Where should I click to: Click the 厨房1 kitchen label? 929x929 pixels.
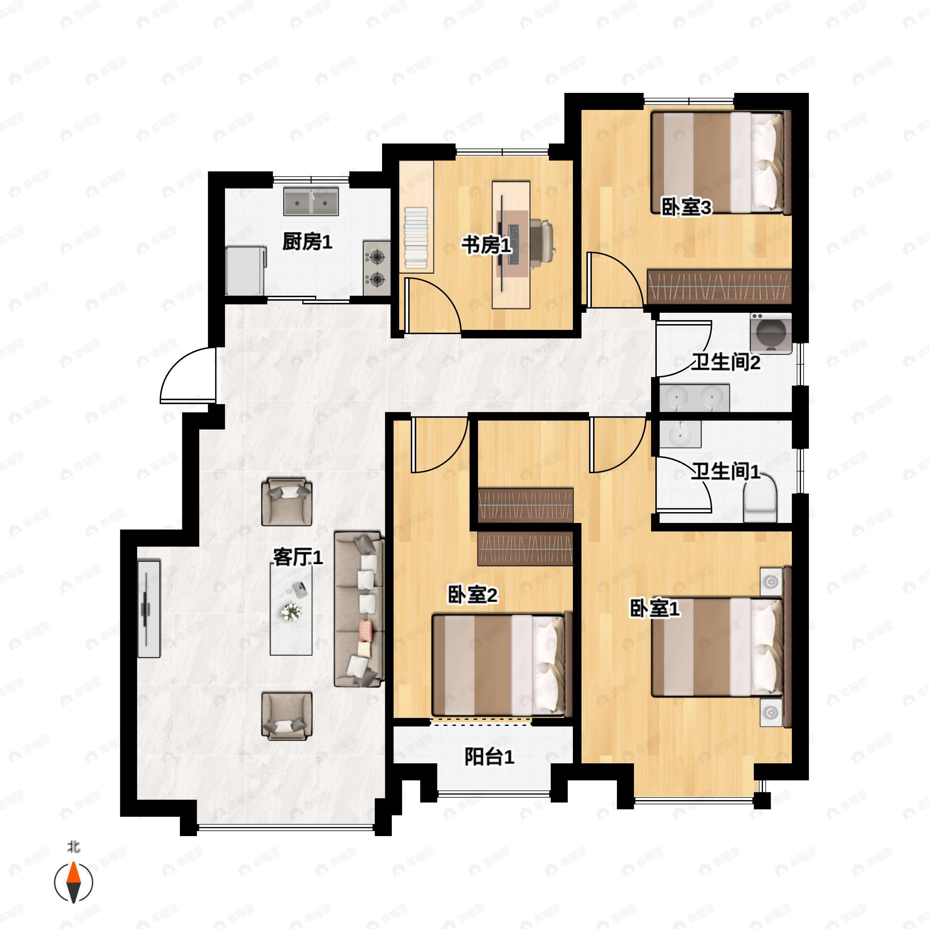tap(307, 242)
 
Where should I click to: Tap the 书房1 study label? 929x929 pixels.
tap(487, 245)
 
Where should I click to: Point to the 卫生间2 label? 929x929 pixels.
tap(726, 362)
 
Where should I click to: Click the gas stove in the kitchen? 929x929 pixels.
tap(377, 268)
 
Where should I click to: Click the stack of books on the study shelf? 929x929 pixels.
tap(416, 238)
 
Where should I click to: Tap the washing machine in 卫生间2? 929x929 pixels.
tap(771, 333)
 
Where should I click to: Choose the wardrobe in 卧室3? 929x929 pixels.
tap(719, 286)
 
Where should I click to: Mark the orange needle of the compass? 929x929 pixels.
tap(74, 879)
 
